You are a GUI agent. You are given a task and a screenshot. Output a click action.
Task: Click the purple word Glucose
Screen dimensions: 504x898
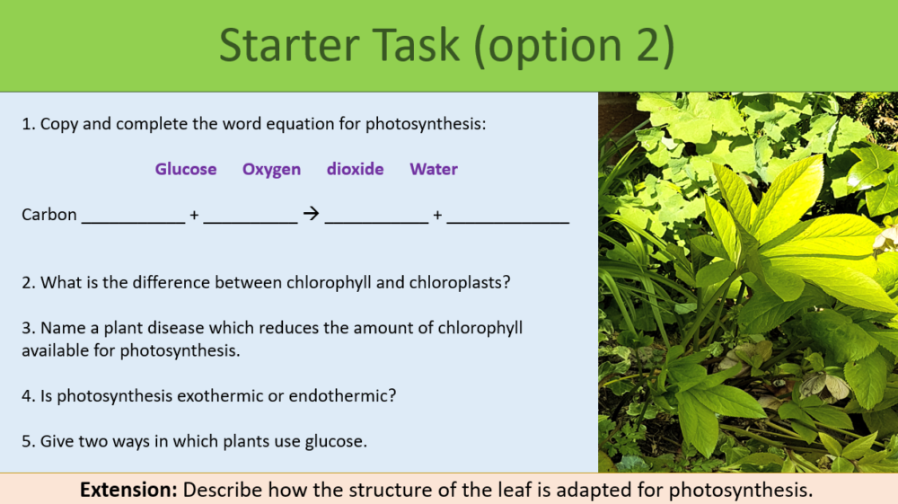pos(186,169)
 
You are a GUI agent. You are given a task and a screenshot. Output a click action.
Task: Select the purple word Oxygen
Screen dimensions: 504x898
pos(271,169)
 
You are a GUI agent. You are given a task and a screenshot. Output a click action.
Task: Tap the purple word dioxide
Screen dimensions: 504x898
pos(355,169)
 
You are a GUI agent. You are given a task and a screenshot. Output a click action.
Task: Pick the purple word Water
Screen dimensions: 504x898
pos(434,169)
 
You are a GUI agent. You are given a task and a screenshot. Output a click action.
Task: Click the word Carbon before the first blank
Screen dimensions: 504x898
pos(49,215)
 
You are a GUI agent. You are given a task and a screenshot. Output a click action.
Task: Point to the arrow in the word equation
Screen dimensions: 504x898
pos(311,215)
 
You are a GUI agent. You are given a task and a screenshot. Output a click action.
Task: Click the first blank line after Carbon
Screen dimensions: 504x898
pos(133,220)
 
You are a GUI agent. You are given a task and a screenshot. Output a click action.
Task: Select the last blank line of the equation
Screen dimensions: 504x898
pos(507,220)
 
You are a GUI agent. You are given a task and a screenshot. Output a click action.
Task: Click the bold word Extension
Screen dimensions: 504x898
pos(128,490)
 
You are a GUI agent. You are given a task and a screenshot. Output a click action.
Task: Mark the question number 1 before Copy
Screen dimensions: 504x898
pos(27,124)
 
